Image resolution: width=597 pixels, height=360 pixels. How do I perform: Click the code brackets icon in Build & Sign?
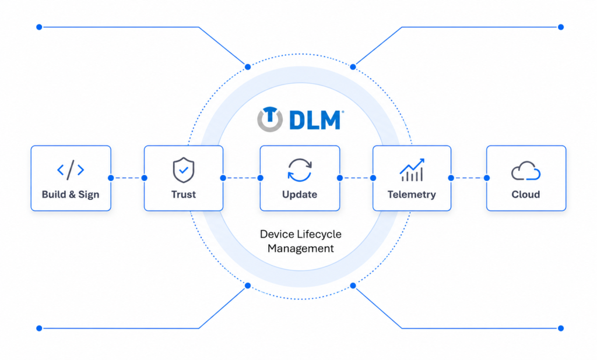coord(71,170)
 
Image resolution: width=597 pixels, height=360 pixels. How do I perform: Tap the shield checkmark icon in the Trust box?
coord(184,170)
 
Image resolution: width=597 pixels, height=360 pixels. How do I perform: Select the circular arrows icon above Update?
coord(300,170)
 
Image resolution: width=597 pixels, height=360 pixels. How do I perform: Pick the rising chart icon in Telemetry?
coord(412,170)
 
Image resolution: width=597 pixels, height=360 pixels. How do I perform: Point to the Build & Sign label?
coord(71,195)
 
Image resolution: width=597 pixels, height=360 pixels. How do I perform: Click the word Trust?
coord(184,195)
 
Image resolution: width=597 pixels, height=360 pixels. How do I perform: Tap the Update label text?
coord(300,195)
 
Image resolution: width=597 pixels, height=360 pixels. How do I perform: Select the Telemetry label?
coord(412,195)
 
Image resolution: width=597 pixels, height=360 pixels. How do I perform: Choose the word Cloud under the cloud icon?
coord(526,195)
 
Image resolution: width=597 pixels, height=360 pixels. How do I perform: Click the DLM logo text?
coord(315,120)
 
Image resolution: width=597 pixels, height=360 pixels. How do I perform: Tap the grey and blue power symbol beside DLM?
coord(270,119)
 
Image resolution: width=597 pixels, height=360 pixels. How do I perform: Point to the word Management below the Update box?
coord(300,249)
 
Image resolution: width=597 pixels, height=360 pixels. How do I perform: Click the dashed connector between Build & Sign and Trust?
coord(128,178)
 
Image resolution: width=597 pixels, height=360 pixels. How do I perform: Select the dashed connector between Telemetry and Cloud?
coord(469,178)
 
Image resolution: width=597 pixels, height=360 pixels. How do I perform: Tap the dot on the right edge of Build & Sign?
coord(111,178)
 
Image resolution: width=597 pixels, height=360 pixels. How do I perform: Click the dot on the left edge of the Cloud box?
coord(487,178)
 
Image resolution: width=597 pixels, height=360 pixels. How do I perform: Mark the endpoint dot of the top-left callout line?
coord(39,27)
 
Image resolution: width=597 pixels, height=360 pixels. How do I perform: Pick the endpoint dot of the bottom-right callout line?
coord(561,328)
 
